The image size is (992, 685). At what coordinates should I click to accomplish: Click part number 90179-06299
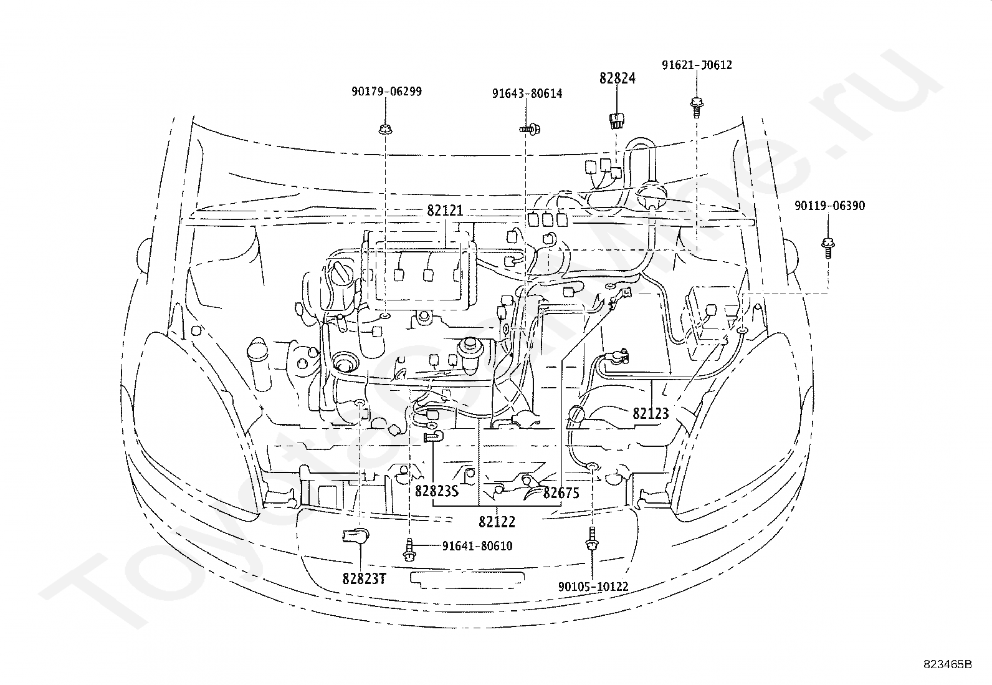(386, 92)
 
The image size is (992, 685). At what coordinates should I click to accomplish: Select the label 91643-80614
(527, 94)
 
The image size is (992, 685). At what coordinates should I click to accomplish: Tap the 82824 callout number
(618, 79)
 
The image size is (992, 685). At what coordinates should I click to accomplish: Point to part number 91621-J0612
(697, 65)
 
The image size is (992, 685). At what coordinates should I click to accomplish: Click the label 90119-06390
(829, 206)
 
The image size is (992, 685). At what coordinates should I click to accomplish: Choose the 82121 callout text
(445, 211)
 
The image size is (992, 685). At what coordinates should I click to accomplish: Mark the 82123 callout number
(651, 413)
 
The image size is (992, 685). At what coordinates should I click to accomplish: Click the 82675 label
(561, 492)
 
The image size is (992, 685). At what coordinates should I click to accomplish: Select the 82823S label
(437, 491)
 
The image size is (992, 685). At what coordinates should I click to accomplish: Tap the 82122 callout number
(497, 522)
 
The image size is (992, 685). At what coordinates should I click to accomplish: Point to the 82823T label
(364, 578)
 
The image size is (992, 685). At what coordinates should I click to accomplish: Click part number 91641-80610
(477, 546)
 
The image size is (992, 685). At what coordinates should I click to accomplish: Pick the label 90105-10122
(593, 587)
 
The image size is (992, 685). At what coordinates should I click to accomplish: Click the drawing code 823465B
(947, 664)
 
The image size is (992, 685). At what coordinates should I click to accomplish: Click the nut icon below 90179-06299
(385, 130)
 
